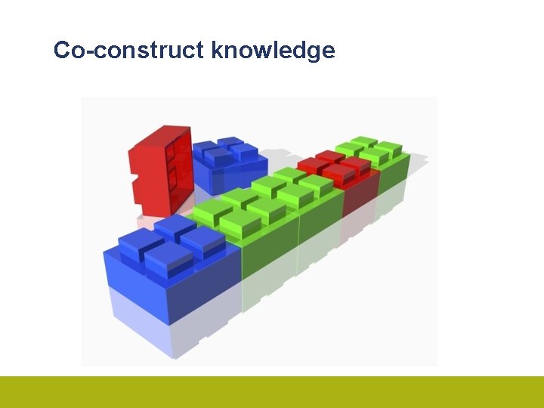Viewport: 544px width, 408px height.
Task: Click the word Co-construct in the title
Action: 129,51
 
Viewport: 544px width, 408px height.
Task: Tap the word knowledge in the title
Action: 273,51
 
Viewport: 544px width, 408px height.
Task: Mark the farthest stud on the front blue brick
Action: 175,224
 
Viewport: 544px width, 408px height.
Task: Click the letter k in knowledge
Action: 218,51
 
